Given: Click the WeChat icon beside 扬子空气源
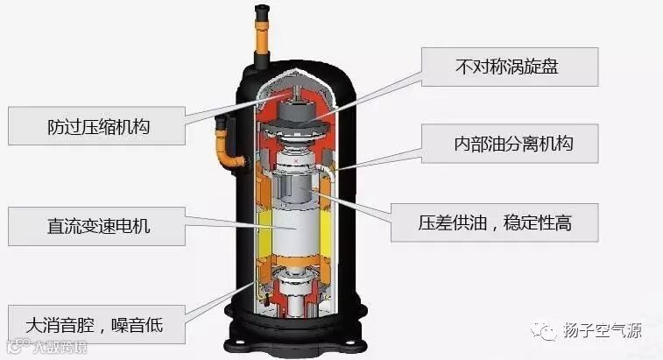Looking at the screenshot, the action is (549, 332).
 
